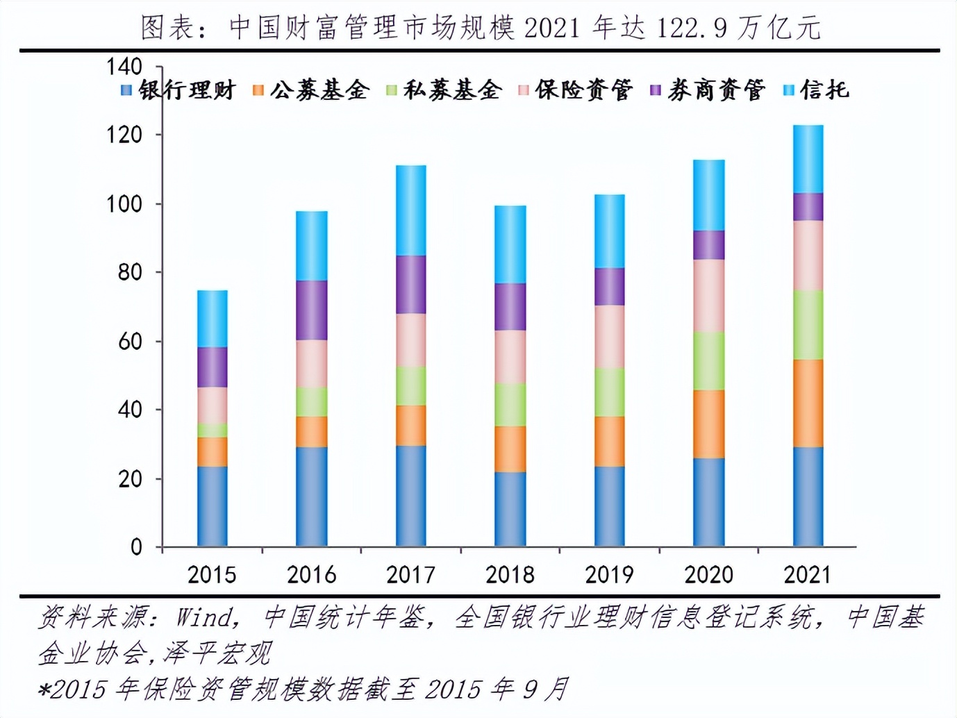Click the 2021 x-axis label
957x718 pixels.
[808, 574]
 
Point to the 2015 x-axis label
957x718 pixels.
[212, 574]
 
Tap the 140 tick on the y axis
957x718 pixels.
[124, 67]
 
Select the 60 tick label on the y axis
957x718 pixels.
[130, 342]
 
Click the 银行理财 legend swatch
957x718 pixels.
[126, 90]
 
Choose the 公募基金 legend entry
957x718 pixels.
[311, 90]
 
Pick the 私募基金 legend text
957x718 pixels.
[452, 90]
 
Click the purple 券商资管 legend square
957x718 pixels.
[656, 90]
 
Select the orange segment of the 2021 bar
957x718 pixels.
[808, 403]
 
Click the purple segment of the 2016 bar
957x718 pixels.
[312, 310]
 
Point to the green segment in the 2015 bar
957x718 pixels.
[213, 431]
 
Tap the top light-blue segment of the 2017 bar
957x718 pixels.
[411, 210]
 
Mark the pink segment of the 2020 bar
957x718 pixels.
[709, 296]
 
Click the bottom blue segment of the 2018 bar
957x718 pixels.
[510, 509]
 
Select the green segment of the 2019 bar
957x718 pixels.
[610, 392]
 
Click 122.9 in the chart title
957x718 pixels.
[692, 28]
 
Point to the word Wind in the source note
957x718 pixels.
[203, 618]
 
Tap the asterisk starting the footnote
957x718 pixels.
[44, 690]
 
